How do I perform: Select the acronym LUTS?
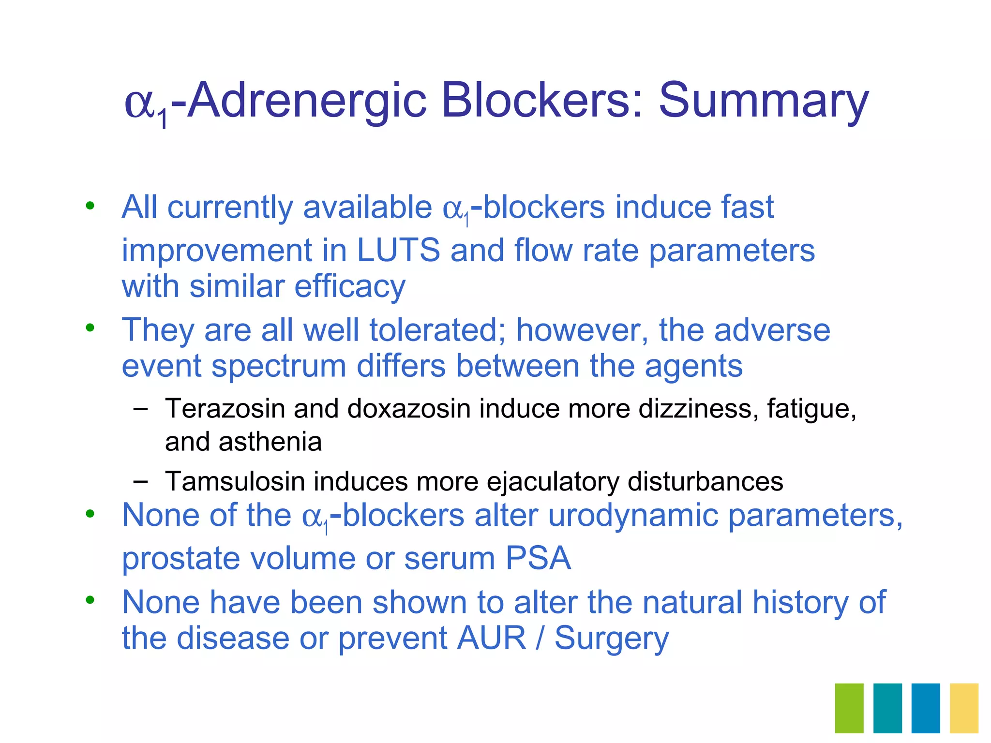pos(398,250)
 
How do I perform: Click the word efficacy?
pos(350,286)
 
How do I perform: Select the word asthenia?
pos(270,442)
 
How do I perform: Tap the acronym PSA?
pos(538,559)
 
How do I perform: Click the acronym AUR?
pos(492,638)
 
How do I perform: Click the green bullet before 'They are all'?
pos(90,328)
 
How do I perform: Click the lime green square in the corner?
pos(849,708)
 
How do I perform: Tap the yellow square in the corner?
pos(964,708)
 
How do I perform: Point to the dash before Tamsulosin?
pos(140,481)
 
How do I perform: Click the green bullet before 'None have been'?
pos(90,600)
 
